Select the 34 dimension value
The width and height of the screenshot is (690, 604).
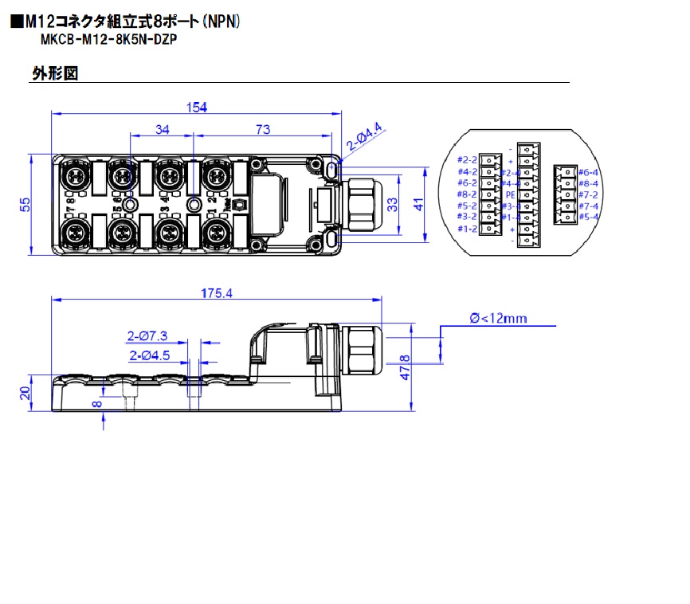(x=163, y=129)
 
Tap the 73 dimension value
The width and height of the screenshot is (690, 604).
(x=262, y=129)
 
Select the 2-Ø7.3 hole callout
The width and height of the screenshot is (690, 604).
(x=146, y=336)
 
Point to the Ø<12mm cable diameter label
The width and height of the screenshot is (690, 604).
(x=499, y=318)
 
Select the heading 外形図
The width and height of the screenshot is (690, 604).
(x=54, y=73)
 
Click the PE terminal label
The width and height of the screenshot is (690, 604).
(x=511, y=194)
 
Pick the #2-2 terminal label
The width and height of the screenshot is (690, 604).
(x=467, y=160)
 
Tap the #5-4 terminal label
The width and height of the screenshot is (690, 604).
(x=588, y=217)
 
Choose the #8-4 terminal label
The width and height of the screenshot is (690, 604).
(x=588, y=183)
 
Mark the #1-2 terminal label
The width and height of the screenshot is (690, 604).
(x=467, y=229)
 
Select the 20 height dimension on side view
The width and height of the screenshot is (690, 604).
(x=26, y=393)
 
